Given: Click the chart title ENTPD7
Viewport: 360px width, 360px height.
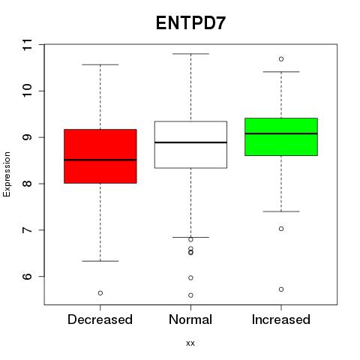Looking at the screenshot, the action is [x=190, y=23].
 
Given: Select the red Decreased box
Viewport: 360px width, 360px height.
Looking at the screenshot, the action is [x=100, y=156].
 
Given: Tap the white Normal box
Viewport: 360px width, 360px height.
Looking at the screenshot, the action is [x=190, y=145].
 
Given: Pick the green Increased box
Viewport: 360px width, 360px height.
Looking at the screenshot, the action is [x=281, y=136].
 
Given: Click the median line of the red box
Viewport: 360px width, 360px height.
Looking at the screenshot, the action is [x=100, y=160].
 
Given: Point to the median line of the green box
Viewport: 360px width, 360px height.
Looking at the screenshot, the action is [x=281, y=133].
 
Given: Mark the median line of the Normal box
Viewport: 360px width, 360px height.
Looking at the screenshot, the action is [x=190, y=142].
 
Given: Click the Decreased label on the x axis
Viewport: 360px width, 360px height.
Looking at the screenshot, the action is [x=100, y=319].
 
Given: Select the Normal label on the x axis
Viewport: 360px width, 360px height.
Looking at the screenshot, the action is [x=190, y=319].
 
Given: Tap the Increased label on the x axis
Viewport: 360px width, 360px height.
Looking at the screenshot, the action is [x=281, y=319].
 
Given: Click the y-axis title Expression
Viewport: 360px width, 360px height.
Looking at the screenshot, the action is [x=7, y=174].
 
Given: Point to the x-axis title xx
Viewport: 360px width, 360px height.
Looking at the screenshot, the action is [x=190, y=343].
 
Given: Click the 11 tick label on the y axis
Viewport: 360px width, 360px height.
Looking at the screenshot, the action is [x=27, y=44].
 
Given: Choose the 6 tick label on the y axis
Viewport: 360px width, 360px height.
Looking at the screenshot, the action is [x=27, y=276].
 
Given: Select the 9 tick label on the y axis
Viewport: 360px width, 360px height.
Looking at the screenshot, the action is [x=27, y=137].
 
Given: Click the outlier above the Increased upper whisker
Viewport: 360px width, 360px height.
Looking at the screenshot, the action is [x=281, y=59].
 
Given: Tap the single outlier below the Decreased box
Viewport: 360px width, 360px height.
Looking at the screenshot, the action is [x=100, y=293].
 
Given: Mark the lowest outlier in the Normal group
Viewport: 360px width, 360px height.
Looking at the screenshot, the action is [x=190, y=295].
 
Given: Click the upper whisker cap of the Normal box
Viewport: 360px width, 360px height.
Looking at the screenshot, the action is [x=190, y=54].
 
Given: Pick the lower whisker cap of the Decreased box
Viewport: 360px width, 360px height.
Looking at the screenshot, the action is [x=100, y=261].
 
